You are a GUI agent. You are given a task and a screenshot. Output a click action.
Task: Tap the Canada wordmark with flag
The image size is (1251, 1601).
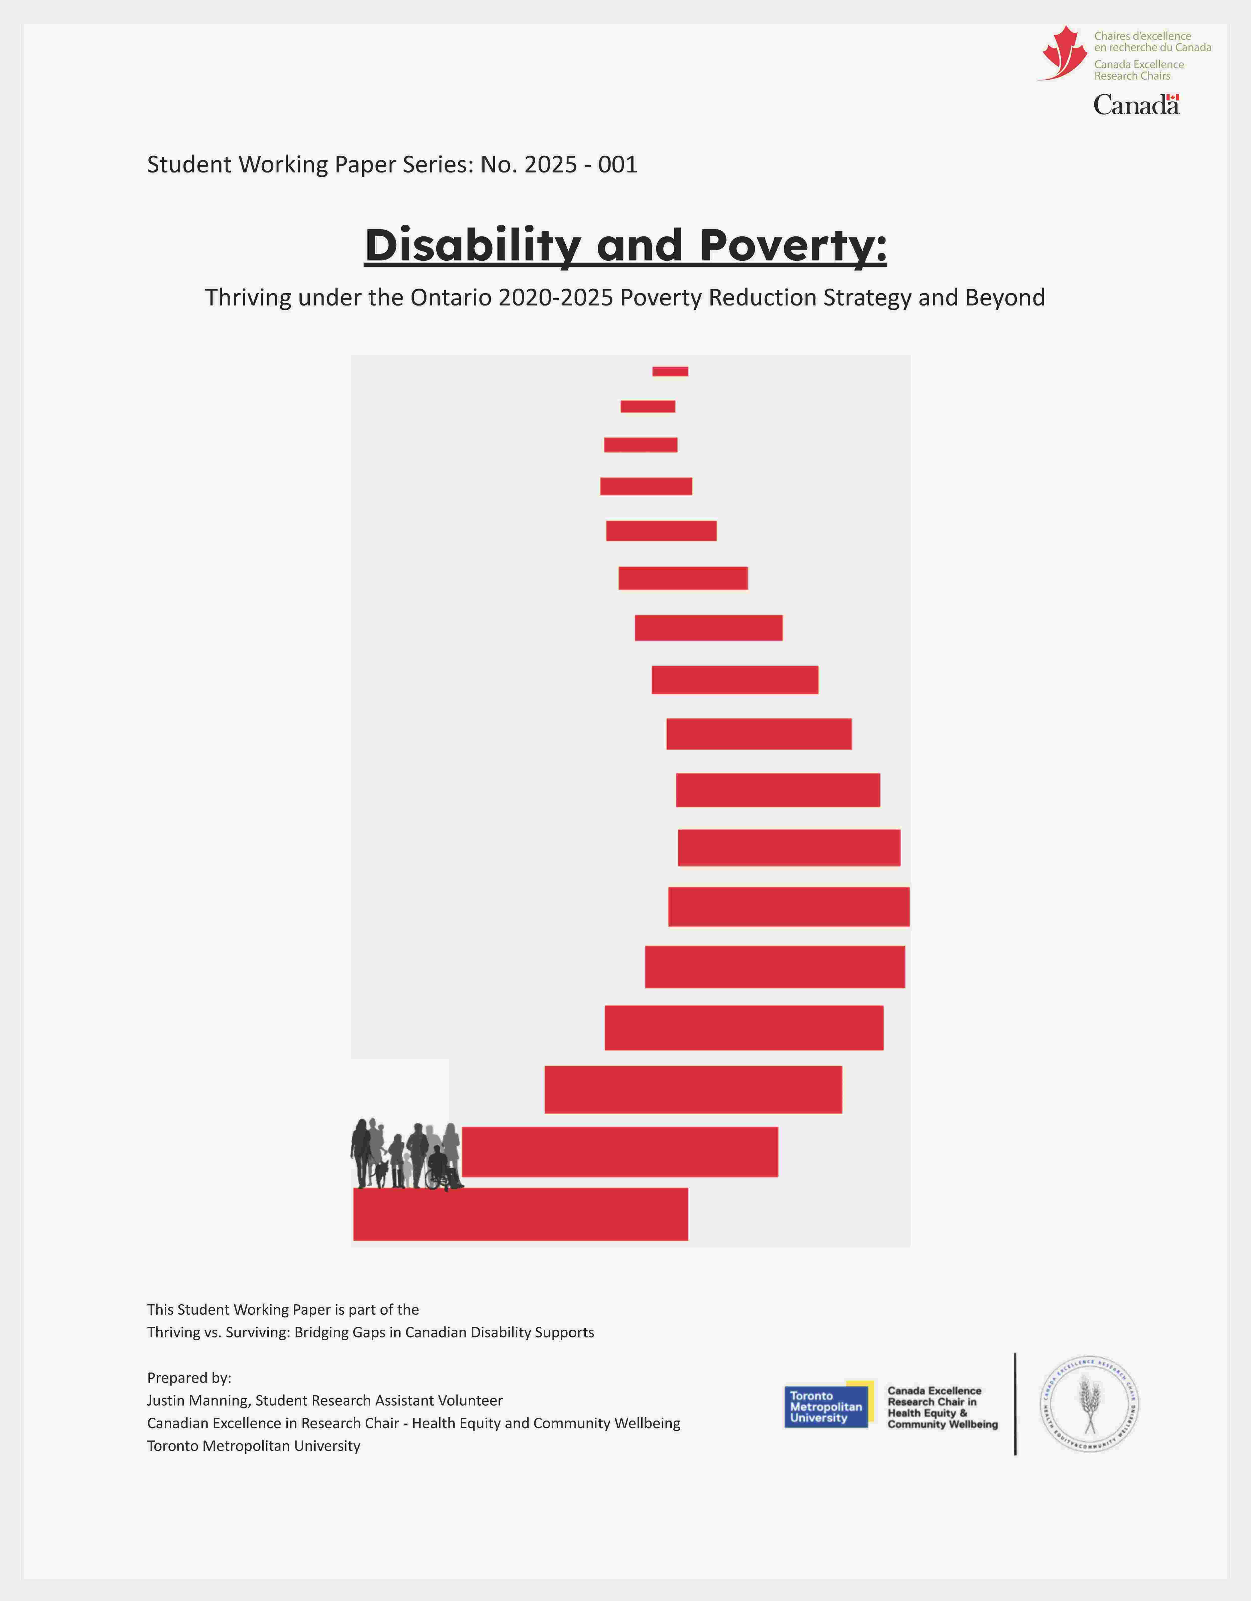(x=1136, y=105)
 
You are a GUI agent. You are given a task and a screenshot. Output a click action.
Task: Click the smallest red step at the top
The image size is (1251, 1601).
(x=670, y=372)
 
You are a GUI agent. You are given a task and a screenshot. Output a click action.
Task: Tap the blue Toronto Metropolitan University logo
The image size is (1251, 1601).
(x=826, y=1406)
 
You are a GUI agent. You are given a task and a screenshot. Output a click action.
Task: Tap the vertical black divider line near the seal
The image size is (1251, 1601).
(x=1015, y=1404)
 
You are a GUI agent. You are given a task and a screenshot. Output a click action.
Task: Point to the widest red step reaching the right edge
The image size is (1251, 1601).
(x=789, y=907)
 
